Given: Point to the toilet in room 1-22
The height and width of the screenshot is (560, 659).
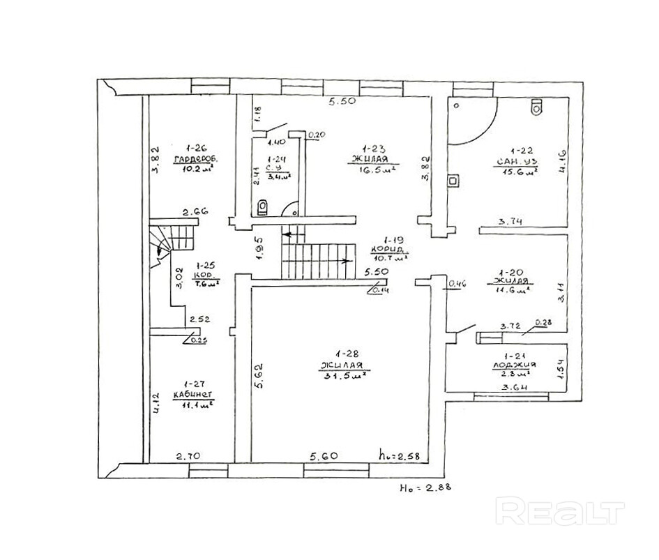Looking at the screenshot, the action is (536, 107).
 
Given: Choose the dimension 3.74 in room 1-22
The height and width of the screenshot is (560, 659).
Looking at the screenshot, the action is (511, 222).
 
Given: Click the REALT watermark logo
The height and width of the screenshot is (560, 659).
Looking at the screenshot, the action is (560, 511).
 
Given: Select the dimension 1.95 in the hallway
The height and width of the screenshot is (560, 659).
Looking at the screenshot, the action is (259, 248).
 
